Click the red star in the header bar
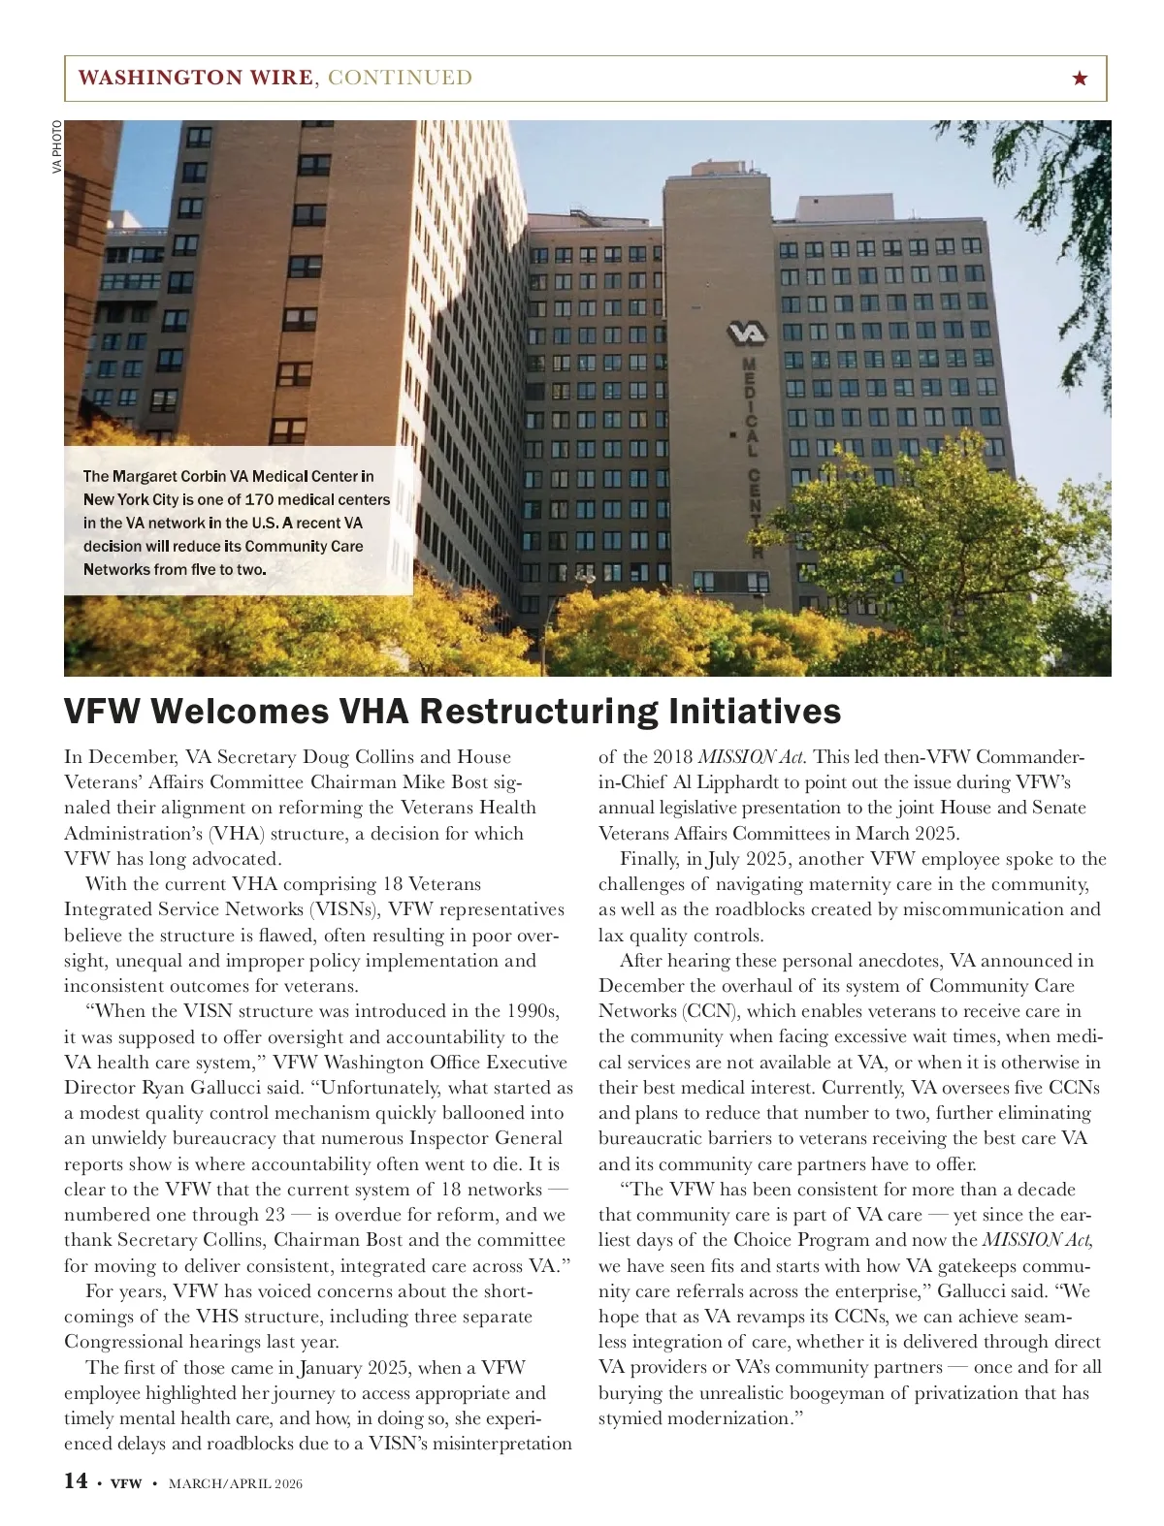[1081, 79]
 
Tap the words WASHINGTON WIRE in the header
[195, 78]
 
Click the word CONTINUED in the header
[401, 78]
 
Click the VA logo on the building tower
[747, 334]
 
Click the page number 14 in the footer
[76, 1480]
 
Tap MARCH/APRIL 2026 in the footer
[236, 1483]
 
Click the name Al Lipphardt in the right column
[728, 782]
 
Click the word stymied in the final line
[630, 1418]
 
